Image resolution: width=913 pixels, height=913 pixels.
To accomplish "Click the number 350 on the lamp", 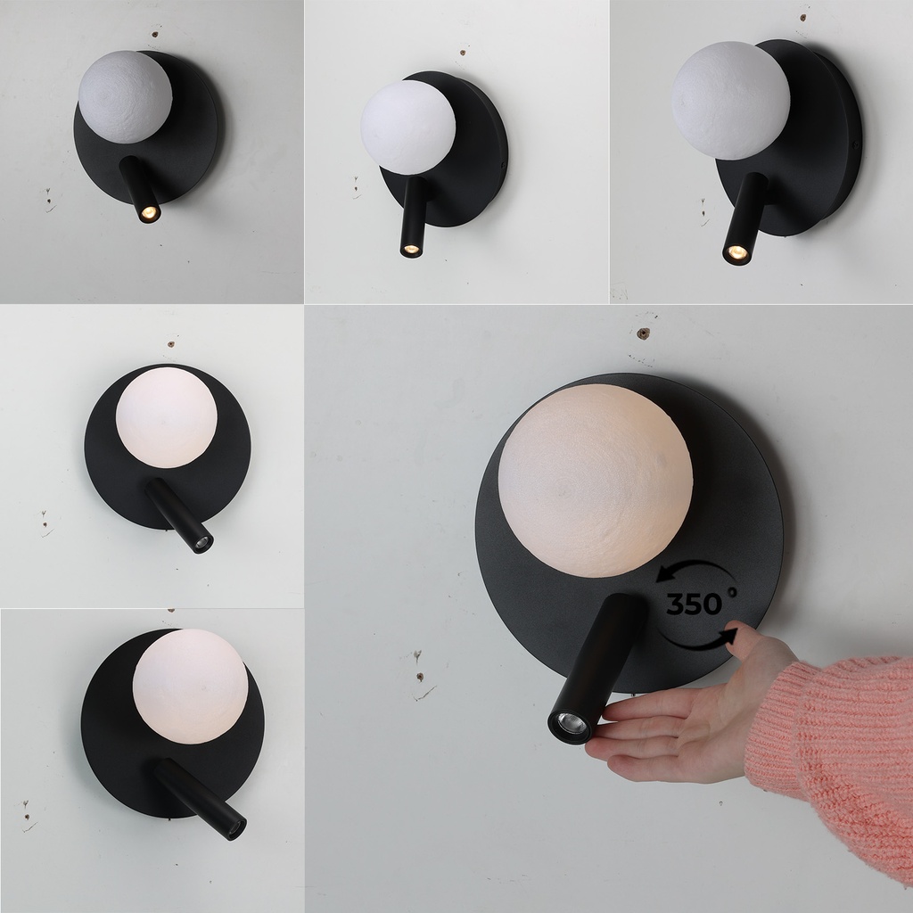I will (694, 605).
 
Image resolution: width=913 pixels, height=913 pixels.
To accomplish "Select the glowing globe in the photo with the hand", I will (595, 481).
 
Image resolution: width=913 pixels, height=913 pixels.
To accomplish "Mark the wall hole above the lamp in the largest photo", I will (642, 334).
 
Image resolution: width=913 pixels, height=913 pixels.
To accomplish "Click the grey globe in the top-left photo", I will (125, 96).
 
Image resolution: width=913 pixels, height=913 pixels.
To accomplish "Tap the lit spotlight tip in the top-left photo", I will (148, 213).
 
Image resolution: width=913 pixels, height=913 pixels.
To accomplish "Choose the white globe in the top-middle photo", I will (407, 127).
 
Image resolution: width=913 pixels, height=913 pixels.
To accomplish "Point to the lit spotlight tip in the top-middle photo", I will (411, 249).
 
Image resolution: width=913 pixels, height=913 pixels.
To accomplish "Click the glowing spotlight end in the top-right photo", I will (736, 253).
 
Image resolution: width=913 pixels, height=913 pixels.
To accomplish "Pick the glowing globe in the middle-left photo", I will (166, 417).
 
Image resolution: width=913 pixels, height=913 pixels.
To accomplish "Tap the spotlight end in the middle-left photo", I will (202, 542).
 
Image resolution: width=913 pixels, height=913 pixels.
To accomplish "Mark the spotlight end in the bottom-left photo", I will (235, 828).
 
